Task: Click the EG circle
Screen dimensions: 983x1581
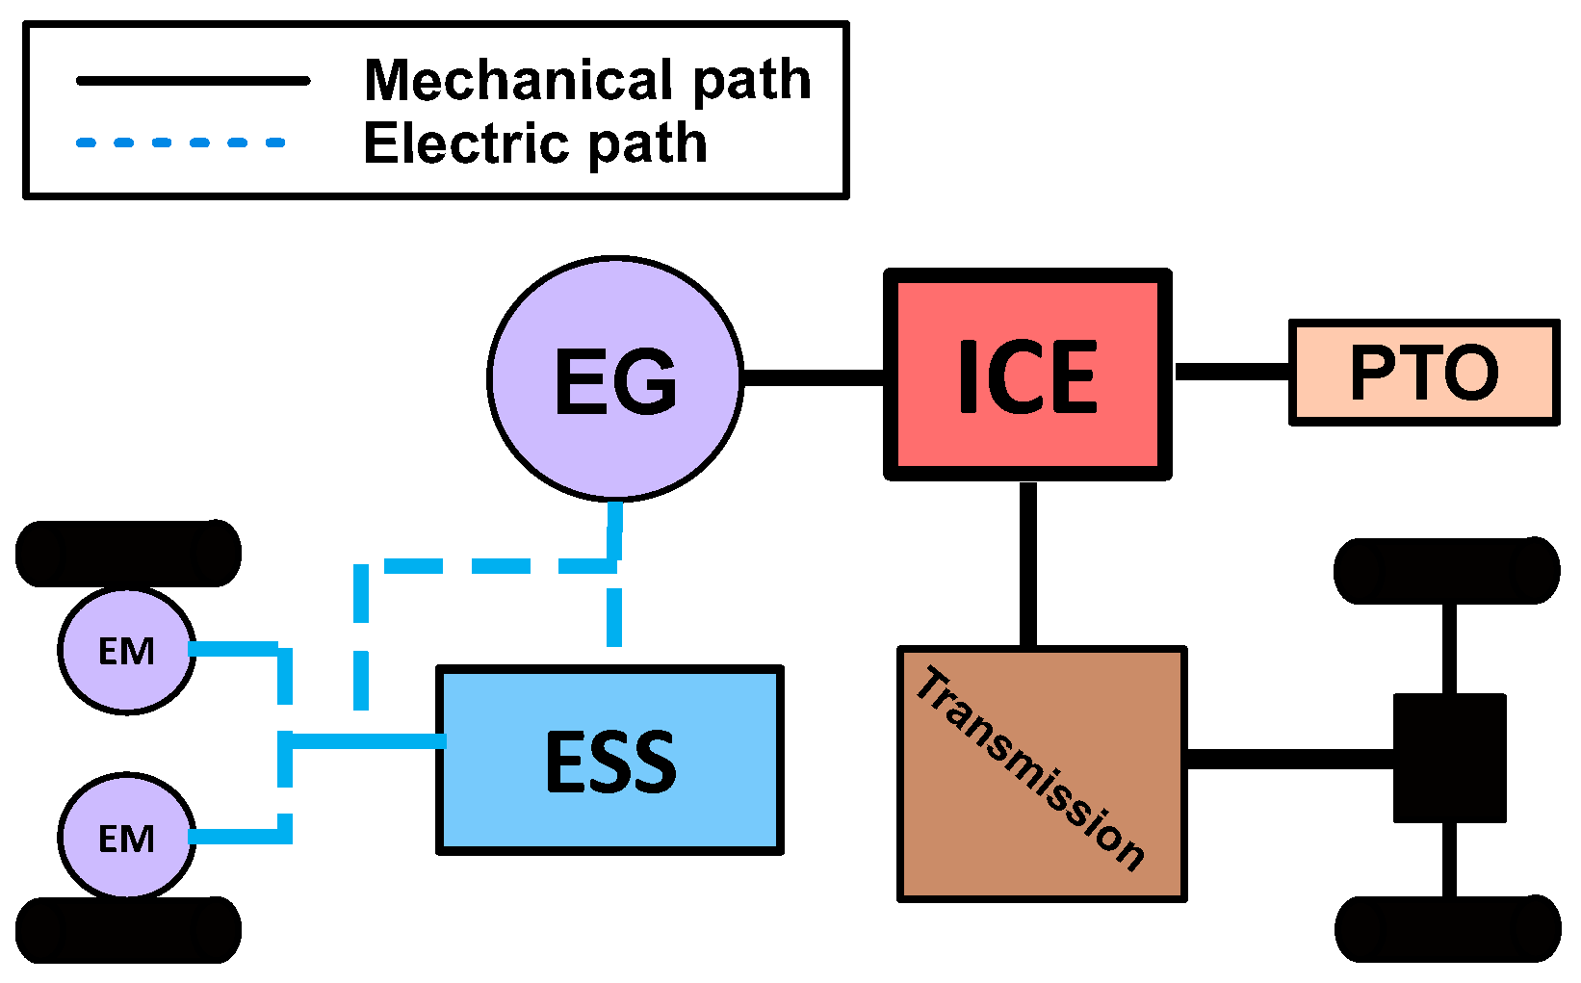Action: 615,378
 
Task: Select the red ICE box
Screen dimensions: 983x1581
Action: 1027,375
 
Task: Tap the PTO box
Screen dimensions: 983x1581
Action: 1423,373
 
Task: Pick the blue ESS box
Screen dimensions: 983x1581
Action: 609,760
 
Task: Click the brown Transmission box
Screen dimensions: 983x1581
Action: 1042,774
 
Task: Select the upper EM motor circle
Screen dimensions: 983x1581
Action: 126,651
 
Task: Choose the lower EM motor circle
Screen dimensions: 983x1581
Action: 126,837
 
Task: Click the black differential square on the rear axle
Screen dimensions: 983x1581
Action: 1449,758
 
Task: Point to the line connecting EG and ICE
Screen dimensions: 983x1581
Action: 814,377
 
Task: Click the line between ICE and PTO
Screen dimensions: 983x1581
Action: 1231,372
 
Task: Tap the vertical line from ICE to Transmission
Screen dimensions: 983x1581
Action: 1028,563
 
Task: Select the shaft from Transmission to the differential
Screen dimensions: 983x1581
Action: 1290,759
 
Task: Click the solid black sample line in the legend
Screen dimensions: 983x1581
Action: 193,81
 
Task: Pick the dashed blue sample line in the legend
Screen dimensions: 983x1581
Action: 181,142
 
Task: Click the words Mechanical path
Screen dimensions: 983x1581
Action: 587,80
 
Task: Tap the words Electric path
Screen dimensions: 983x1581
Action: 535,143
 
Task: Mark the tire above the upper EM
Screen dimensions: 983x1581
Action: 128,554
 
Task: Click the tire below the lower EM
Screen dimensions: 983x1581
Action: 128,929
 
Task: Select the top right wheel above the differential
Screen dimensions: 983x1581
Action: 1446,571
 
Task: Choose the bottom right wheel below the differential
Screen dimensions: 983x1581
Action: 1447,928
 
